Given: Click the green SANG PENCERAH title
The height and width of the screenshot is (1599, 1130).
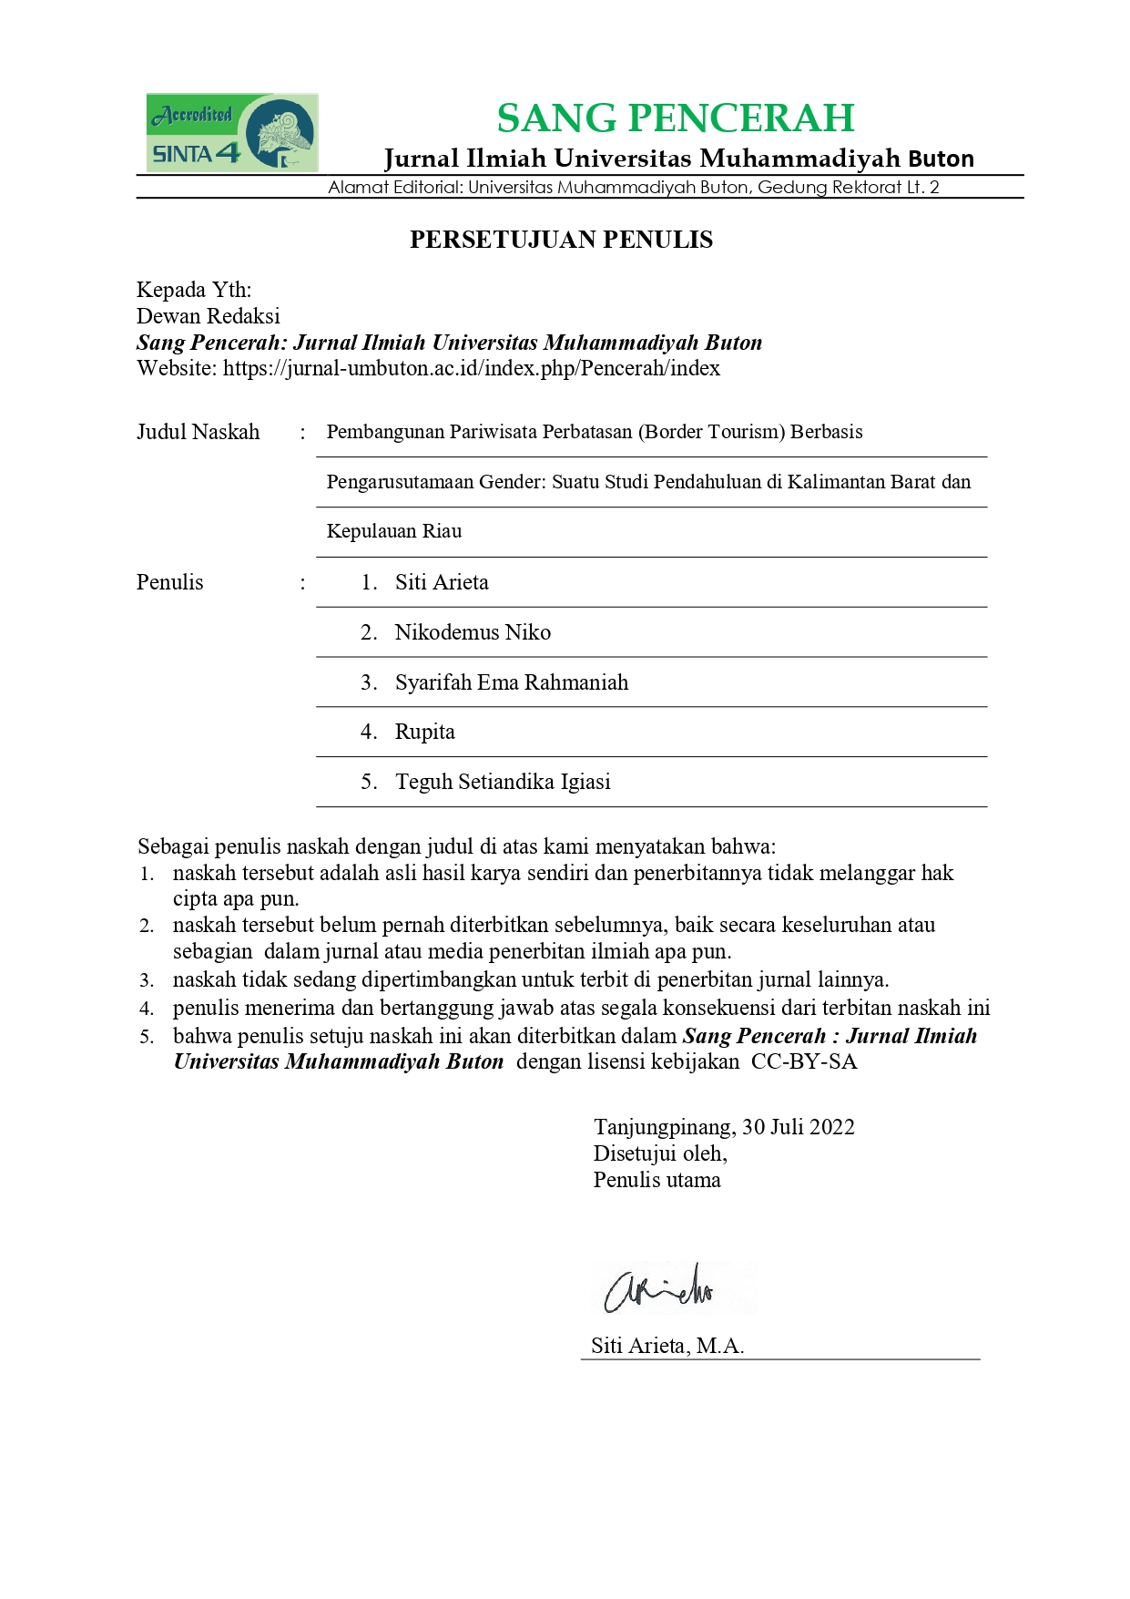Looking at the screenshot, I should [x=675, y=118].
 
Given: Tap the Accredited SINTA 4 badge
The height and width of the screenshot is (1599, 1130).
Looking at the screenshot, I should [x=231, y=133].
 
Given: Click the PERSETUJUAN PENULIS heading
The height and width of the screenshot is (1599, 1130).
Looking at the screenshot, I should [x=561, y=240].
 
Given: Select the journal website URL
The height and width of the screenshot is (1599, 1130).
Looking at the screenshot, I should [x=472, y=368].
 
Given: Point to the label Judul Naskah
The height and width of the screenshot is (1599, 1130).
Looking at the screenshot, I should [x=198, y=432].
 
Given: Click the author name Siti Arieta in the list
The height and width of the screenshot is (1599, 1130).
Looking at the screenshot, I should [x=442, y=582].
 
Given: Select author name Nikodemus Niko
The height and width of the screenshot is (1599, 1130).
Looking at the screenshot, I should [x=473, y=632].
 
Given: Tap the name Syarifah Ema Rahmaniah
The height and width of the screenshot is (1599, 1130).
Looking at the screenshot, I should [x=512, y=682].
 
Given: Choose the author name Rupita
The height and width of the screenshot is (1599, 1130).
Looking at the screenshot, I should [x=424, y=732].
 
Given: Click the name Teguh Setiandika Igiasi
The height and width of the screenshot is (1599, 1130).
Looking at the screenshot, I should [x=503, y=782].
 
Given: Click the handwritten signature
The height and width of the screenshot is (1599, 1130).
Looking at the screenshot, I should [x=659, y=1288].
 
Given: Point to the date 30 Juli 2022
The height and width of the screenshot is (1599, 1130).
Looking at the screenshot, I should [x=799, y=1127].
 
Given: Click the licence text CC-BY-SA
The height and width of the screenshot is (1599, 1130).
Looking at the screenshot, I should [x=804, y=1061].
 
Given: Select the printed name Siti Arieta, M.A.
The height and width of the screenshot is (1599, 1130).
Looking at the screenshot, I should [x=667, y=1346].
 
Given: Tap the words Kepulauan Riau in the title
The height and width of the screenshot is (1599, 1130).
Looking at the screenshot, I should [x=394, y=531].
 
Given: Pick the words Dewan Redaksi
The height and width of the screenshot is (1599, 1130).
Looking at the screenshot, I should [x=208, y=316].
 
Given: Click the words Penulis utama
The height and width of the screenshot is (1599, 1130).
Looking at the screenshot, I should [x=657, y=1180].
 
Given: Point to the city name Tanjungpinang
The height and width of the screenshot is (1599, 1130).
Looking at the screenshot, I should [x=664, y=1127].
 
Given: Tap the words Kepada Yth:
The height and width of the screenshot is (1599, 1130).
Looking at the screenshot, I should [x=194, y=290].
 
